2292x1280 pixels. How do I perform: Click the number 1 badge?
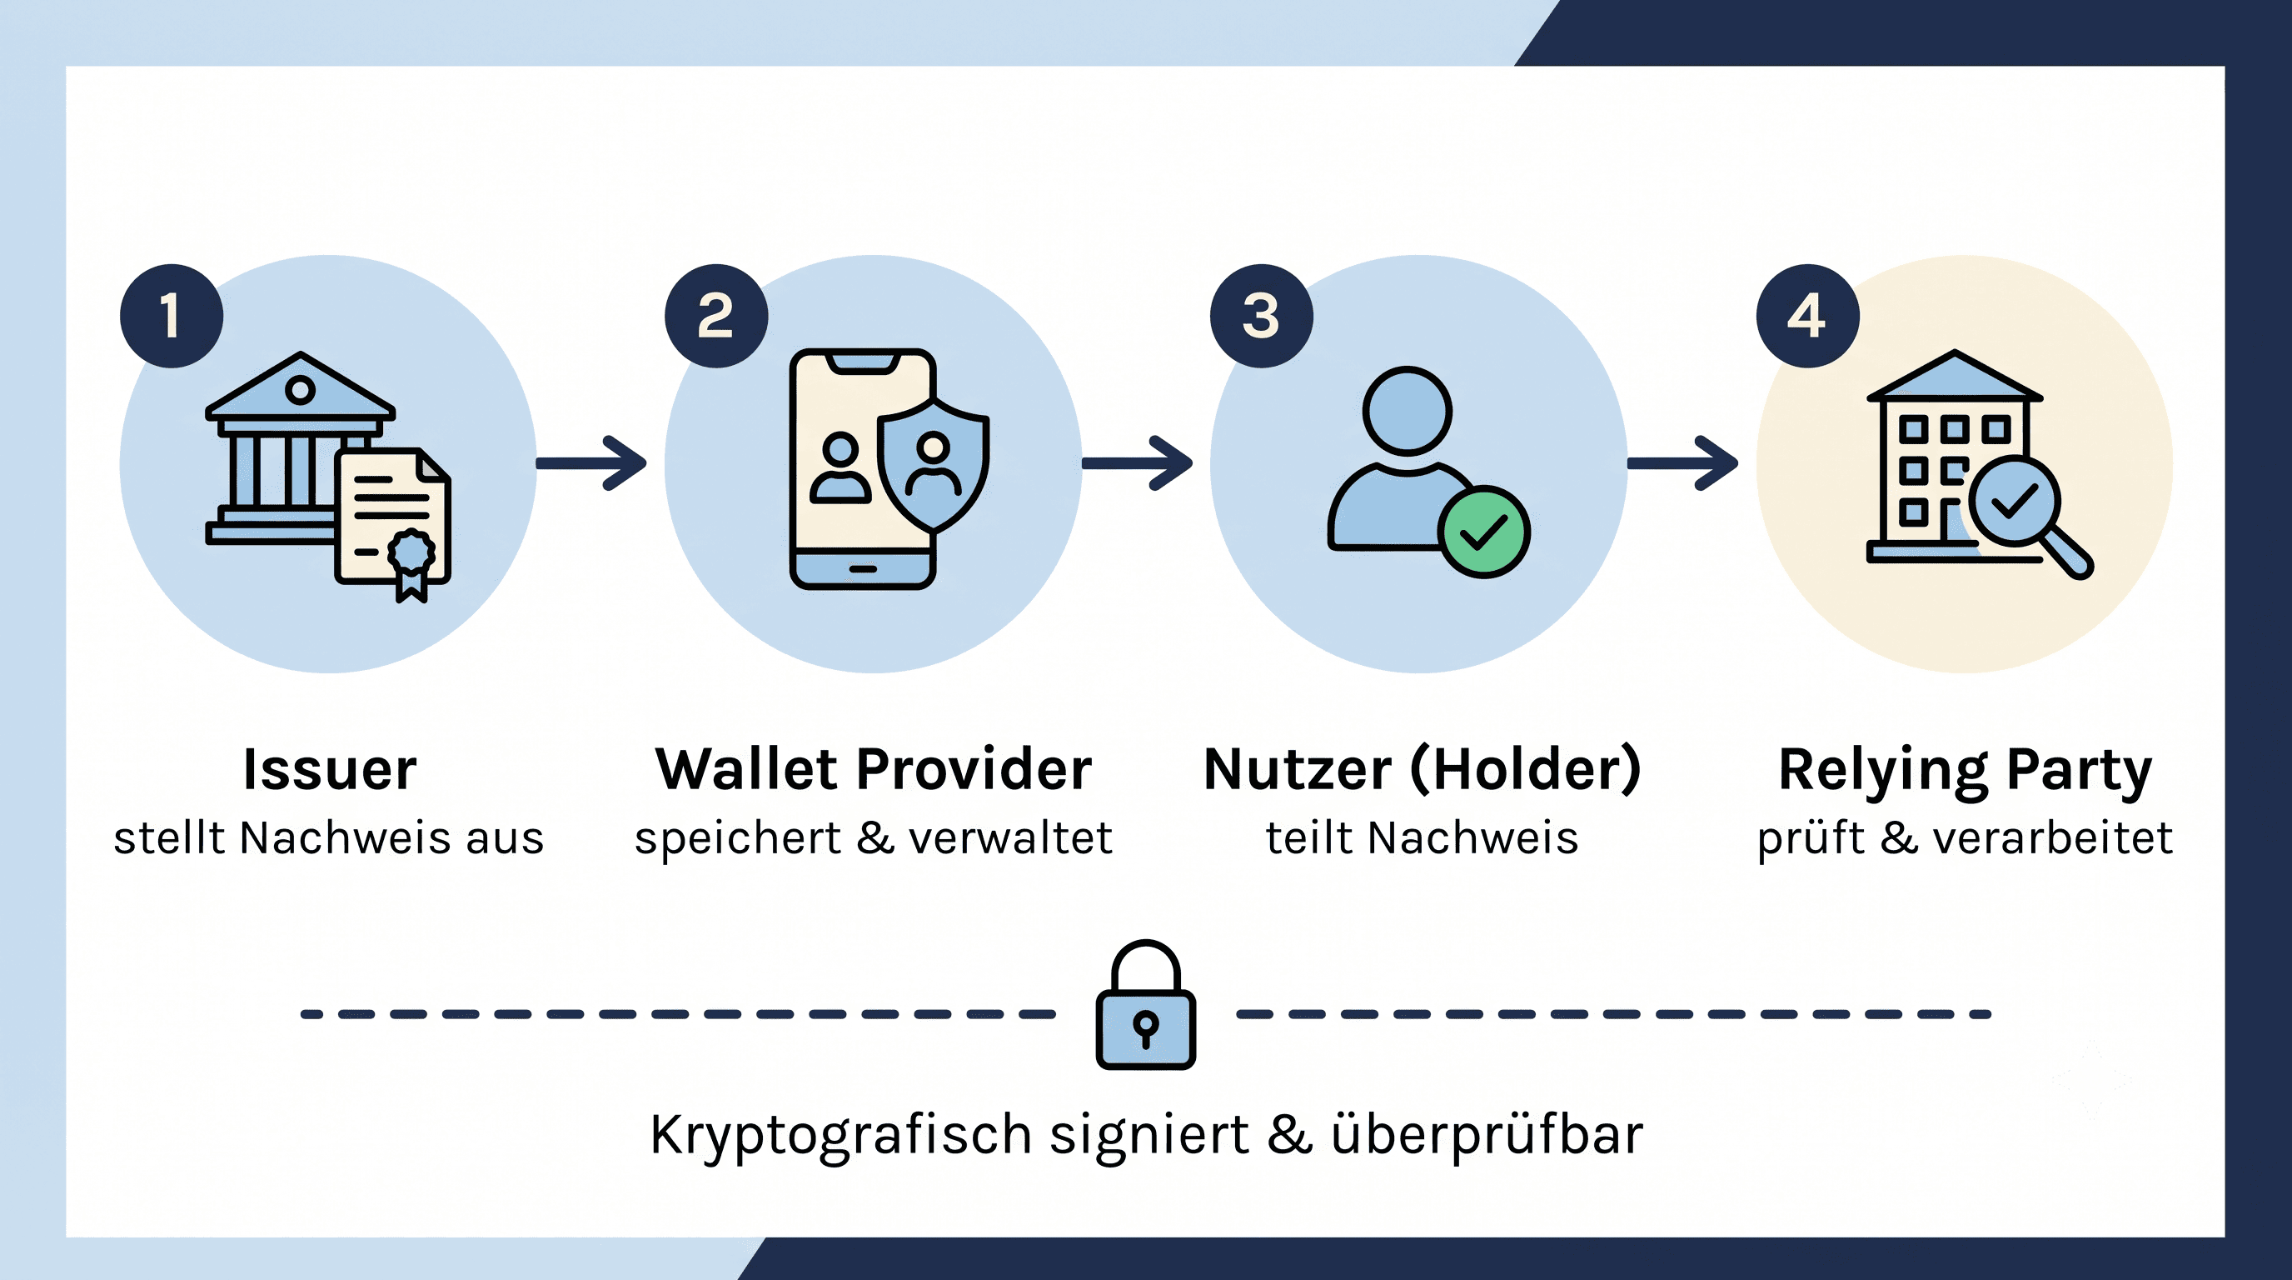[172, 316]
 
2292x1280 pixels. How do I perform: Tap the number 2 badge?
[716, 316]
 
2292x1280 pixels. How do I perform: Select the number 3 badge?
[1262, 316]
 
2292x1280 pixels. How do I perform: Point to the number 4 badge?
[1808, 316]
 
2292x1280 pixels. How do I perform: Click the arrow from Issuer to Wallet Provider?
[590, 462]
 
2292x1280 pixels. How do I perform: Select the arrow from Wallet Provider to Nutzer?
[1137, 462]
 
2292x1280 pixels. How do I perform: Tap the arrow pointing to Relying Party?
[1682, 462]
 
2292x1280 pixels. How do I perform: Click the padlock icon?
[1146, 1004]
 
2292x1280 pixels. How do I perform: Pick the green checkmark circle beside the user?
[1484, 532]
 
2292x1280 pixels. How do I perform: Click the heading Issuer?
[330, 769]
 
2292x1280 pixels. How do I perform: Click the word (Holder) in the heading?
[1526, 770]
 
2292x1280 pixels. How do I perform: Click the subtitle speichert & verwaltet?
[874, 838]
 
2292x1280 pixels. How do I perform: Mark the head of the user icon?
[1408, 411]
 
